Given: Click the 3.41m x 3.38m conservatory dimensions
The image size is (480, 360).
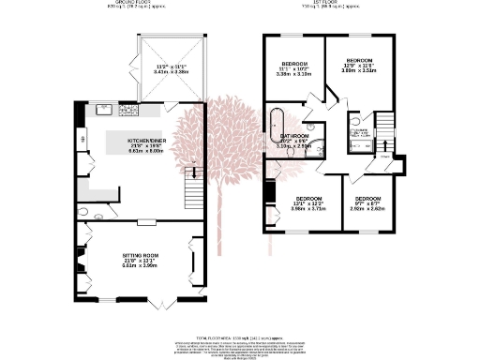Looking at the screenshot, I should pos(171,67).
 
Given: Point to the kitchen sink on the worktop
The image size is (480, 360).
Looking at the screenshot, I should pos(102,111).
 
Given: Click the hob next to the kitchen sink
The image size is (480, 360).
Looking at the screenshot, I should pos(127,111).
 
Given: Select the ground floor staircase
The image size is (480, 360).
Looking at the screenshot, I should pos(195,189).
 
